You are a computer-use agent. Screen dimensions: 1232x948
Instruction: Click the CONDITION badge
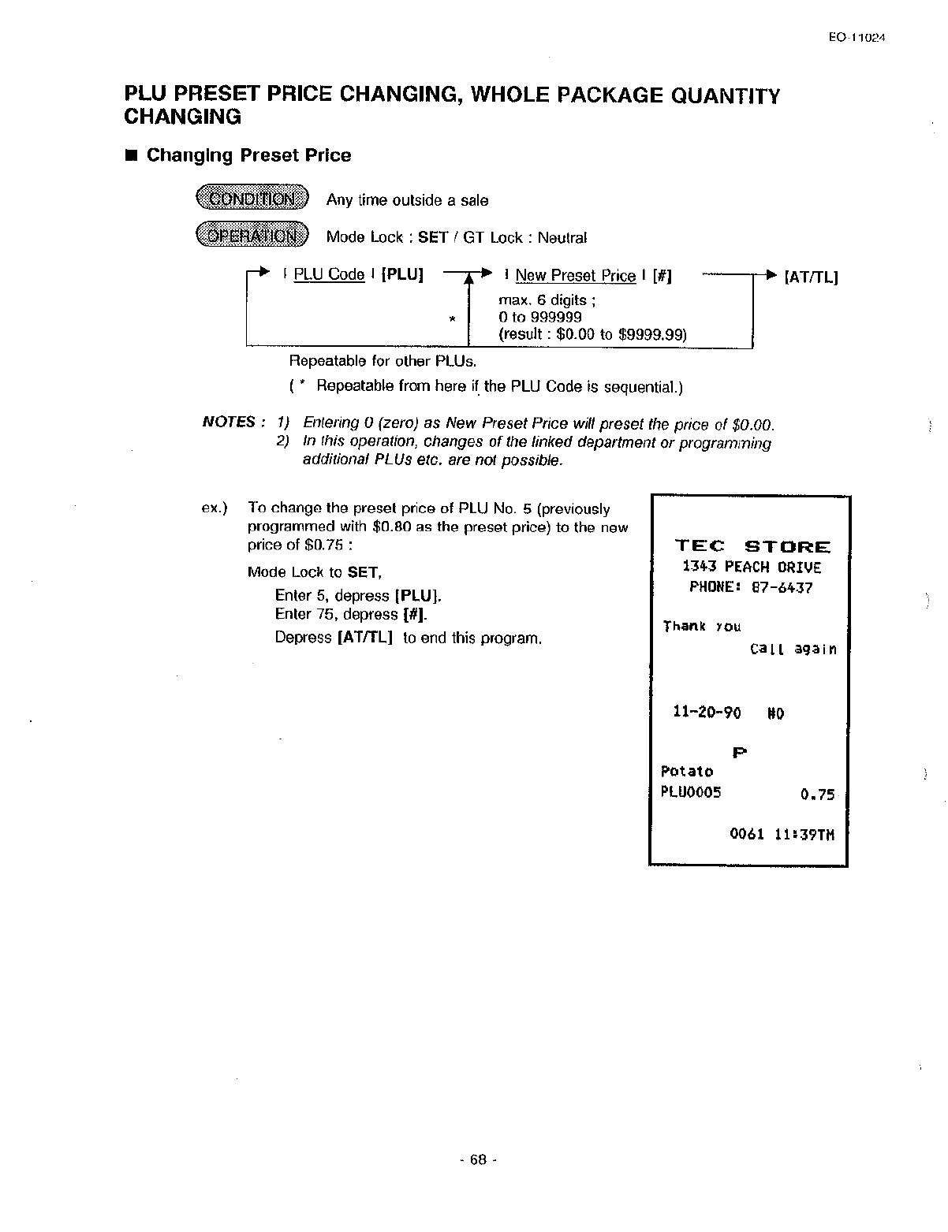click(253, 199)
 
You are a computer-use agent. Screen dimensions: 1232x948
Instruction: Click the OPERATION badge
click(253, 236)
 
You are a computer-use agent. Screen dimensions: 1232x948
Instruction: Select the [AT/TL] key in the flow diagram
click(811, 277)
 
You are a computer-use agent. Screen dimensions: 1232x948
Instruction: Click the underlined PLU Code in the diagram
click(328, 274)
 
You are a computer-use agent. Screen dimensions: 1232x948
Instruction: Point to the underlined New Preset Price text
click(575, 275)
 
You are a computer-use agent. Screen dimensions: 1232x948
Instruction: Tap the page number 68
click(478, 1159)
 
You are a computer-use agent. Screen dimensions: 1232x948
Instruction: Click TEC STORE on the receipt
click(752, 546)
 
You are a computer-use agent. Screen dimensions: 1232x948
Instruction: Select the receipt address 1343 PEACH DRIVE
click(752, 568)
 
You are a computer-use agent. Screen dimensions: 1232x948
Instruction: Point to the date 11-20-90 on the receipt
click(707, 713)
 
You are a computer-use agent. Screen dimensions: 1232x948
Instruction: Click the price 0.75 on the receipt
click(817, 795)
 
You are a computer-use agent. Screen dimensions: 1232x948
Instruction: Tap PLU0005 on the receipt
click(691, 792)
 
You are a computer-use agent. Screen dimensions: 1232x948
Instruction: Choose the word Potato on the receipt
click(686, 771)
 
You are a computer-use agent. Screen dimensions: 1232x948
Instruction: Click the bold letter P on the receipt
click(739, 753)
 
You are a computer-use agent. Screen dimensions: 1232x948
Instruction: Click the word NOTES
click(229, 422)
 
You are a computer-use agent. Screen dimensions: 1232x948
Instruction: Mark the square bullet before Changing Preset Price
click(131, 155)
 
